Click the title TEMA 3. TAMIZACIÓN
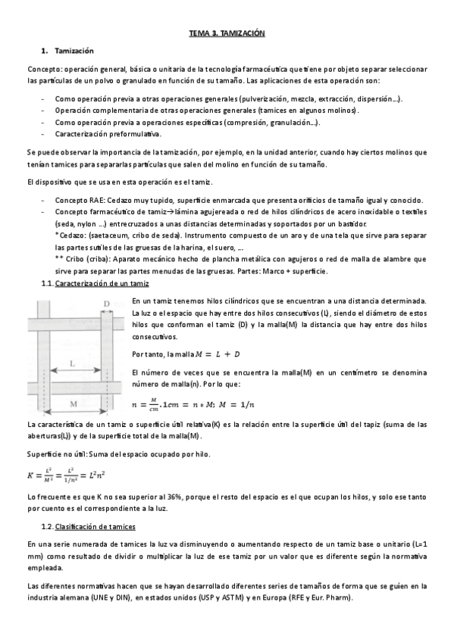coord(227,34)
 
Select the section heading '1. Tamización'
coord(73,51)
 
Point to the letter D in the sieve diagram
coord(106,304)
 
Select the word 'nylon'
coord(92,224)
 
